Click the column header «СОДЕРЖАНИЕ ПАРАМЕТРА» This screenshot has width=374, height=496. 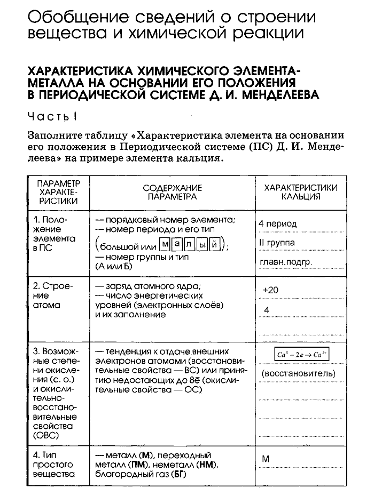click(x=173, y=192)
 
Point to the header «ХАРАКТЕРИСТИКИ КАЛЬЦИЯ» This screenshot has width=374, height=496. click(x=301, y=192)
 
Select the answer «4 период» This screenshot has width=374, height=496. click(x=277, y=224)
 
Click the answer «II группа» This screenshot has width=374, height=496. click(x=277, y=243)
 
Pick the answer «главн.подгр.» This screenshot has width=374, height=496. click(x=285, y=262)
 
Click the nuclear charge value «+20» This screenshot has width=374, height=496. click(x=271, y=290)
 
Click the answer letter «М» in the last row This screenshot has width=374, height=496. click(x=266, y=459)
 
